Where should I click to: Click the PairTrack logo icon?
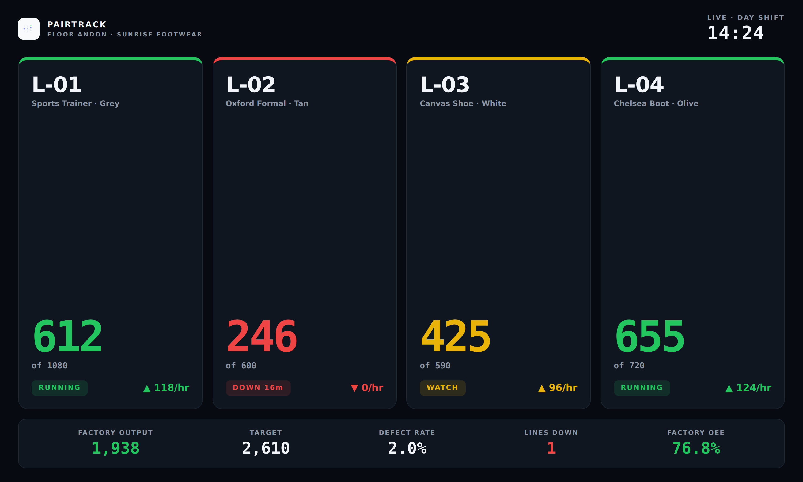point(29,29)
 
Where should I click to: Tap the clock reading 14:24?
point(736,33)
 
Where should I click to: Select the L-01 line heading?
point(56,84)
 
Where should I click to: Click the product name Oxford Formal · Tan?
point(267,103)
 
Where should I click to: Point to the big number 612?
point(67,336)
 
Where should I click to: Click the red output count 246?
point(262,336)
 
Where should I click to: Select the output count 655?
point(650,336)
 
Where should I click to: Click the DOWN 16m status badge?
point(258,388)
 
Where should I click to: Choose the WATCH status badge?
point(442,388)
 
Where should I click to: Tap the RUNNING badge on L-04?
point(642,388)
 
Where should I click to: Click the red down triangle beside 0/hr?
point(354,388)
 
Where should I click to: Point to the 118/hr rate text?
point(172,387)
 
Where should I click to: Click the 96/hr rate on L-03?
point(563,387)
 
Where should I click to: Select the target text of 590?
point(435,366)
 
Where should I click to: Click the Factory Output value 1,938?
point(116,448)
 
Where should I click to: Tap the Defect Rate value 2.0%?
point(407,448)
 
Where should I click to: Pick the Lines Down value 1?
point(551,448)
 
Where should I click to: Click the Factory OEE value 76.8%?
point(696,448)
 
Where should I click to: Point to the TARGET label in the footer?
point(266,433)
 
